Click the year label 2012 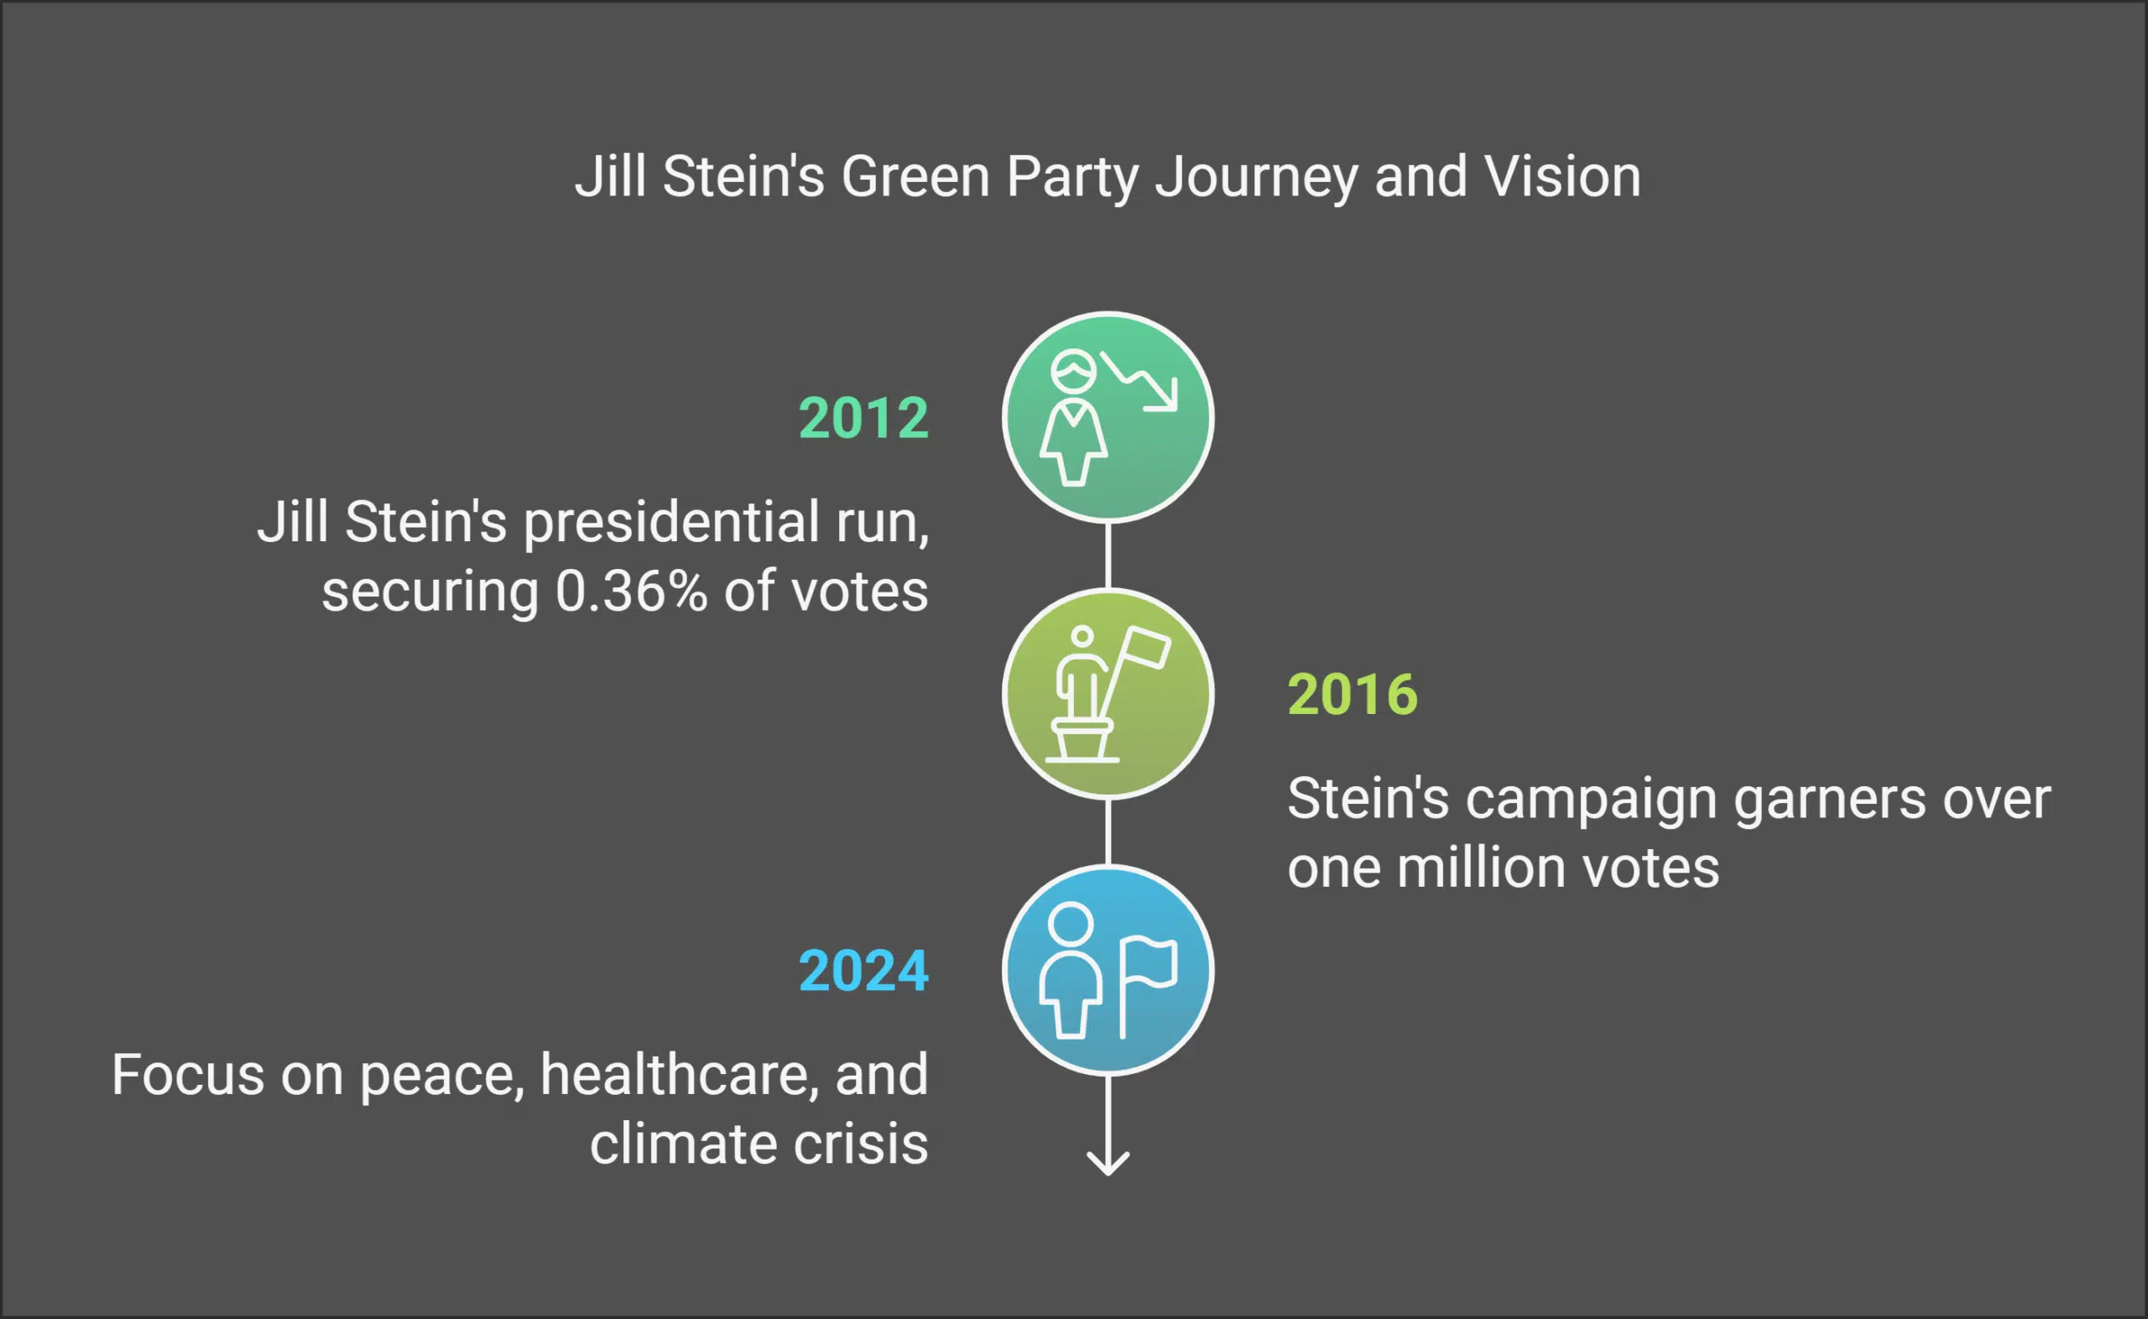point(863,418)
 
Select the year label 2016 point(1353,695)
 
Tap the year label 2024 point(863,971)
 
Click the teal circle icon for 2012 point(1108,418)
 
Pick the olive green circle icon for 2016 point(1108,695)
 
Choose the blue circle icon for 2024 point(1108,971)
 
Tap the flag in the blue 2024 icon point(1150,964)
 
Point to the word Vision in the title point(1562,176)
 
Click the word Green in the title point(915,176)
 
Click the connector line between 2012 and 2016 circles point(1108,555)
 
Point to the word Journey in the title point(1257,178)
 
